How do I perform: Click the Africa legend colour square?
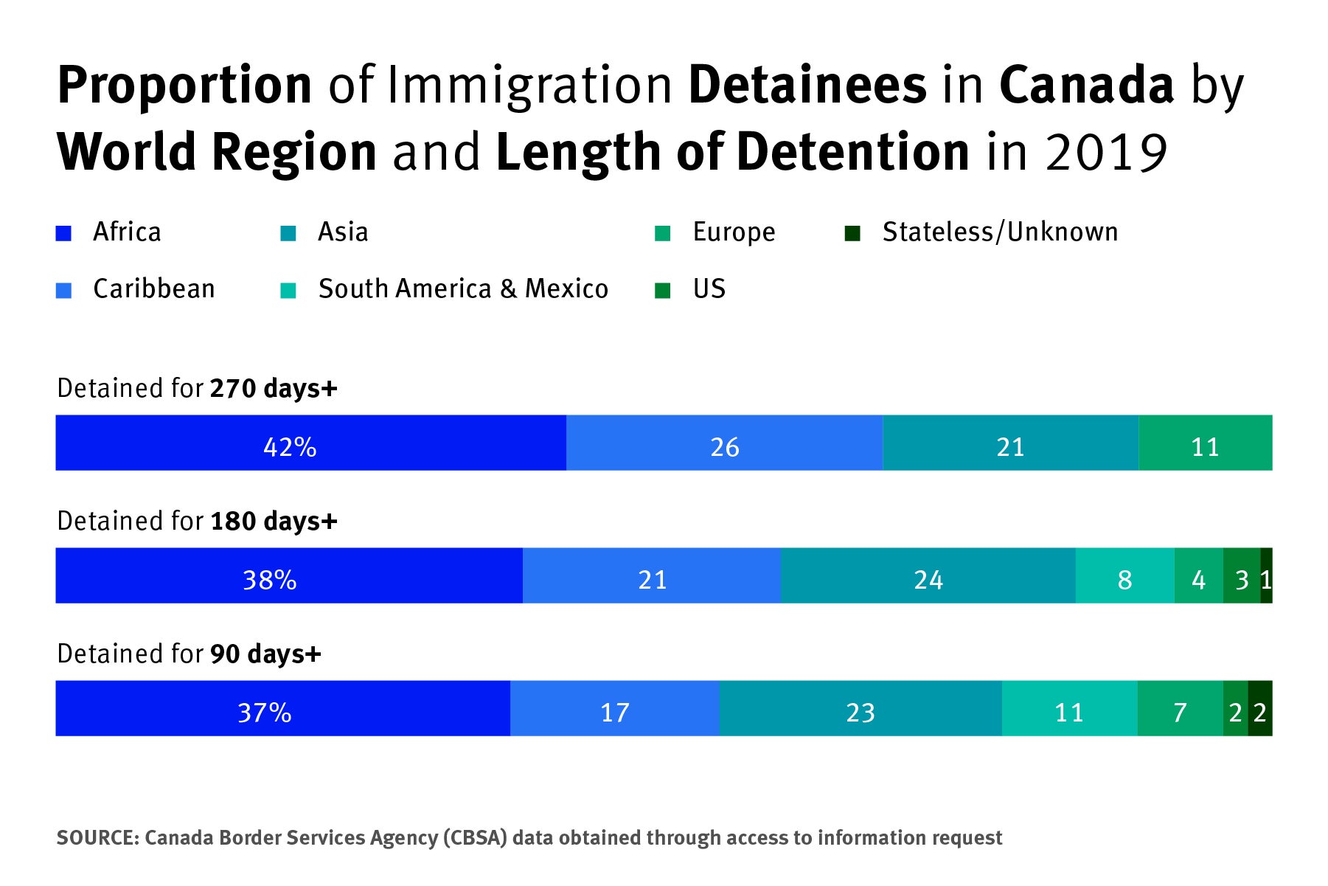click(x=64, y=234)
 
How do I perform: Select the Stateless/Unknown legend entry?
click(x=999, y=232)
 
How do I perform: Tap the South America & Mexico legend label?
click(x=463, y=289)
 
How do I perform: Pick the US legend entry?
click(x=709, y=289)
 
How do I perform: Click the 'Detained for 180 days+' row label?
click(x=197, y=521)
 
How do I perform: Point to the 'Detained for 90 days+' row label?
click(x=189, y=654)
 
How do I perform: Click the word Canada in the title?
click(x=1085, y=85)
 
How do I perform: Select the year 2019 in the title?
click(x=1105, y=153)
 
